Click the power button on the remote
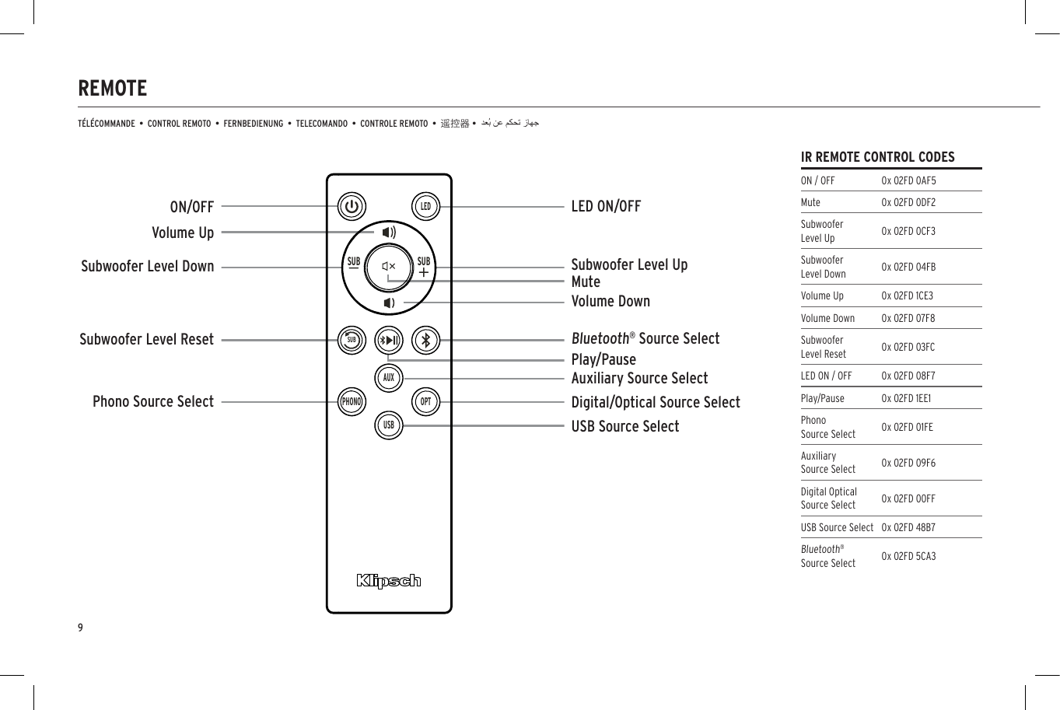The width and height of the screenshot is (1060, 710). pos(352,207)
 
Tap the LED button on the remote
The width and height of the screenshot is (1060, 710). pos(425,207)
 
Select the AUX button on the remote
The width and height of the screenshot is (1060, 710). pos(389,378)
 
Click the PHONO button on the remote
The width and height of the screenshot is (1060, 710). pos(352,402)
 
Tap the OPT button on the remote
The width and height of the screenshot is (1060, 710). pos(425,402)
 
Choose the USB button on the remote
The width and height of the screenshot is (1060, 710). pos(389,425)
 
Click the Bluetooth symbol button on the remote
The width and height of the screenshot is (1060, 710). pos(425,340)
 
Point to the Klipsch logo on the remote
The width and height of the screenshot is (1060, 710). pos(389,581)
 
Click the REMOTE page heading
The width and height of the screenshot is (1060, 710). pos(113,89)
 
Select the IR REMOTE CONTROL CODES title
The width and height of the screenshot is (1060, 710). pos(877,157)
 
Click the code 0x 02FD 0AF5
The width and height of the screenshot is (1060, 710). pos(908,180)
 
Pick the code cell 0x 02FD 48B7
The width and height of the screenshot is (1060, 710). pos(908,527)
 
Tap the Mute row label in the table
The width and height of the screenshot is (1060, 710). pos(810,202)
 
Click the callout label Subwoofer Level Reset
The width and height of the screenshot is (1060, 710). pos(146,340)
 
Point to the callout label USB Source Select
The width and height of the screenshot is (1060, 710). pos(625,426)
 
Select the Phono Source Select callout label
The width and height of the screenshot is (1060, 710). pos(153,402)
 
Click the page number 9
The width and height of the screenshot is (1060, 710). pos(80,628)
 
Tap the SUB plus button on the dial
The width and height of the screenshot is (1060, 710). pos(424,267)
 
